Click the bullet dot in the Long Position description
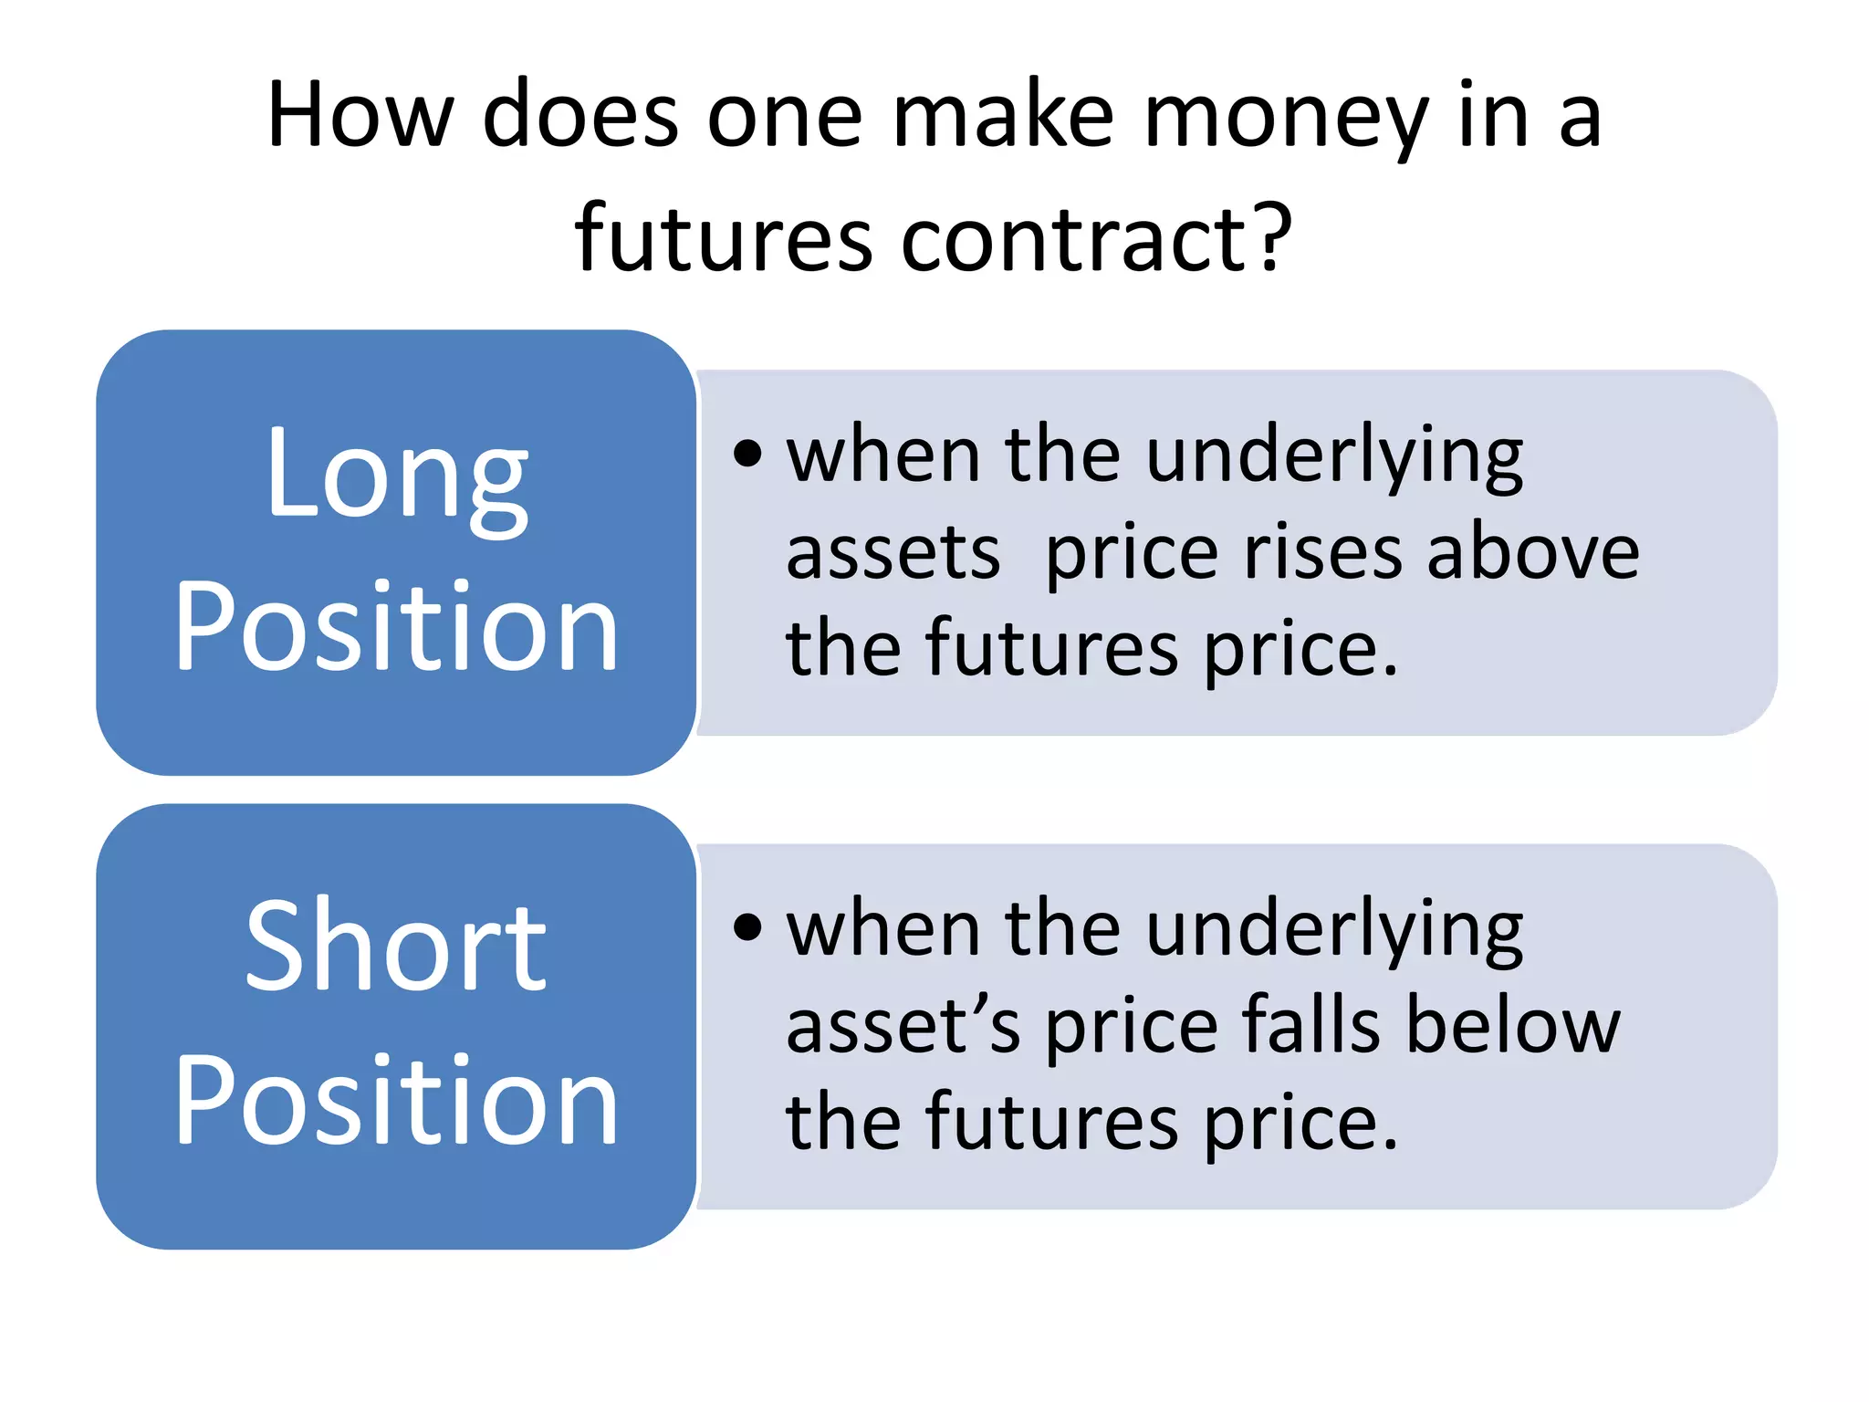[747, 453]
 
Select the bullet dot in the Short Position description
[747, 927]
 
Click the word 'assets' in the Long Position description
[893, 555]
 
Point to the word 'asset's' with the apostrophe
[903, 1028]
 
